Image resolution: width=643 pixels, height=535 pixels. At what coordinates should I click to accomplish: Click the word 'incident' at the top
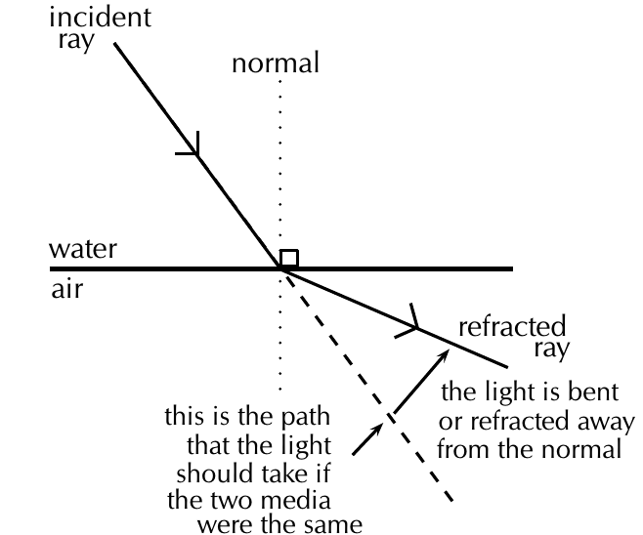point(101,18)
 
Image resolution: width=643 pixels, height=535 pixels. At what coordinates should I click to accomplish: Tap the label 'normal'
point(276,63)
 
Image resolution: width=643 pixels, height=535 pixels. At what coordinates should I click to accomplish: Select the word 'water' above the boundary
point(83,249)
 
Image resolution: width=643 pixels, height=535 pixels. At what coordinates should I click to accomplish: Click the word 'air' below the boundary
point(66,288)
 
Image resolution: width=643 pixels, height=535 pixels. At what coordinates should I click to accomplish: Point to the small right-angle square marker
point(289,258)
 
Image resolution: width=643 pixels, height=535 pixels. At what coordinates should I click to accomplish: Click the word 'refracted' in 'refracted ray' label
point(512,326)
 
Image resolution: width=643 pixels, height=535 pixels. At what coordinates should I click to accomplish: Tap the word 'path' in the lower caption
point(306,416)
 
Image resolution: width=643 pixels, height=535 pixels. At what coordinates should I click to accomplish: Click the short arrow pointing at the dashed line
point(367,439)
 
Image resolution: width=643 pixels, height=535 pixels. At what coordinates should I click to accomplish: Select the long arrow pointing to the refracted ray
point(421,382)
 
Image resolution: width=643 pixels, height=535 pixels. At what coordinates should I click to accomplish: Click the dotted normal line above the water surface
point(280,164)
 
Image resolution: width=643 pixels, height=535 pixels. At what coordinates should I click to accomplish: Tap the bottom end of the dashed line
point(451,501)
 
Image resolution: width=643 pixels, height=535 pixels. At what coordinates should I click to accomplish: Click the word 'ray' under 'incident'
point(76,41)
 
